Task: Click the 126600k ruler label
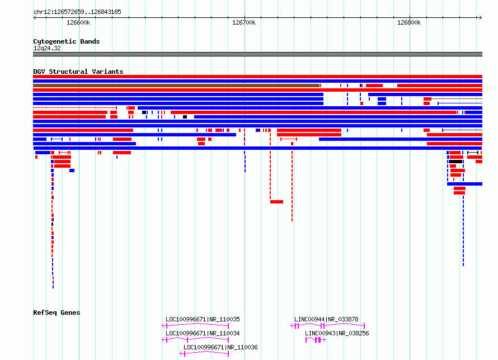pos(78,22)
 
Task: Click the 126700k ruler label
pos(244,22)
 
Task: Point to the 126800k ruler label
pos(409,22)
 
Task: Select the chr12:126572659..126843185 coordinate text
pos(77,12)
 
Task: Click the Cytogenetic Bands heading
pos(67,41)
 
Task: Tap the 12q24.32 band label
pos(47,48)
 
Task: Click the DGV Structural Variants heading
pos(78,72)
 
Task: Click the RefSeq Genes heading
pos(57,312)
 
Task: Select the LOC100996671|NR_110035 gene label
pos(203,319)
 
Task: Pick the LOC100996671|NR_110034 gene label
pos(203,333)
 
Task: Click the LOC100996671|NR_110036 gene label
pos(220,347)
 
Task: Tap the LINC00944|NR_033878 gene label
pos(326,319)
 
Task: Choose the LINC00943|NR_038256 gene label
pos(337,333)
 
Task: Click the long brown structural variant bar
pos(176,86)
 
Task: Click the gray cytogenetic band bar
pos(257,54)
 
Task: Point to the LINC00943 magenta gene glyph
pos(316,340)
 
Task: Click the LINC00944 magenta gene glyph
pos(327,326)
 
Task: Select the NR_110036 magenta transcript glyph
pos(204,354)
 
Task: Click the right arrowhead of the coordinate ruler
pos(481,17)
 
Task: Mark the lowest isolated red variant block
pos(276,202)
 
